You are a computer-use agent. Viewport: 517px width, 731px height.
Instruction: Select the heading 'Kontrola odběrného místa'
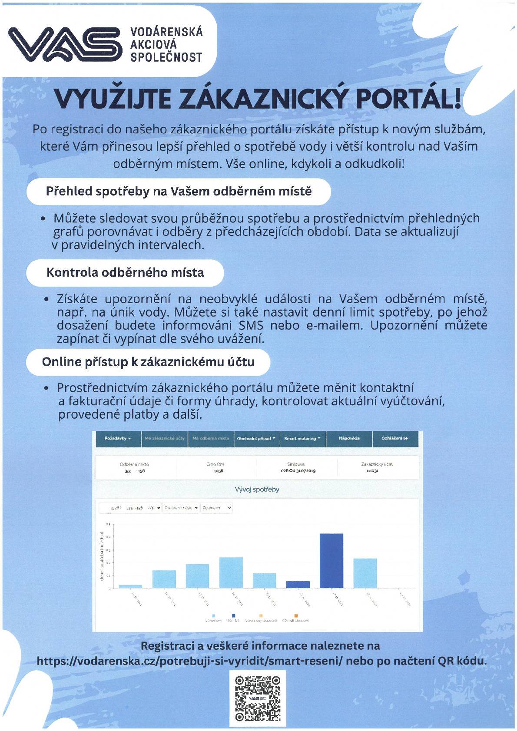tap(125, 273)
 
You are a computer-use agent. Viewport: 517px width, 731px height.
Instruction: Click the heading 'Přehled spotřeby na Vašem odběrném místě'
tap(179, 192)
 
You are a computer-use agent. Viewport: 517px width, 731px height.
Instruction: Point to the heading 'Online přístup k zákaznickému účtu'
tap(148, 362)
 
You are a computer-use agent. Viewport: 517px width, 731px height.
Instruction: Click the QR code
tap(258, 698)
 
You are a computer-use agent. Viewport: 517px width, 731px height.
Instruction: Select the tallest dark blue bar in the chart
tap(331, 560)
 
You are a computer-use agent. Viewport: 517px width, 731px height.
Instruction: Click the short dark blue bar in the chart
tap(298, 584)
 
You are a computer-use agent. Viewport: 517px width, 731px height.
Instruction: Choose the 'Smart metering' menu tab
tap(302, 439)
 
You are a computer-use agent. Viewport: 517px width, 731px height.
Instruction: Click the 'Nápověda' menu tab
tap(349, 439)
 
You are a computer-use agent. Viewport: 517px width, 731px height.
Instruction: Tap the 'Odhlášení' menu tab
tap(394, 439)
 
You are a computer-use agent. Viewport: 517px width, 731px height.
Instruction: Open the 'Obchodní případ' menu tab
tap(256, 439)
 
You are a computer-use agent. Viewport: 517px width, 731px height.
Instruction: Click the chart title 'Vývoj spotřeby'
tap(257, 490)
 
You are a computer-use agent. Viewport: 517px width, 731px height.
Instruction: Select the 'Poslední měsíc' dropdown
tap(181, 508)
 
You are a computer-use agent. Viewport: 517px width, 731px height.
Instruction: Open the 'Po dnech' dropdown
tap(216, 508)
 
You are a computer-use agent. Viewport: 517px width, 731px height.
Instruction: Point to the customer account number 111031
tap(372, 471)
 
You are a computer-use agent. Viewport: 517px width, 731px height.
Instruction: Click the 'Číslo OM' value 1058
tap(219, 471)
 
